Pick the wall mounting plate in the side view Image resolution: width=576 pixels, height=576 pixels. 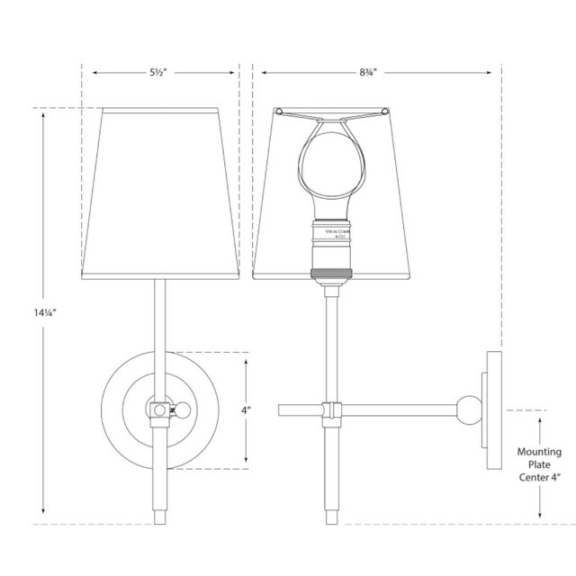(493, 409)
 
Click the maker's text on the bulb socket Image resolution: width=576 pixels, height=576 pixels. (331, 236)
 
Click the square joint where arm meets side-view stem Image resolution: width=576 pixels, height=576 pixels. (331, 410)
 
